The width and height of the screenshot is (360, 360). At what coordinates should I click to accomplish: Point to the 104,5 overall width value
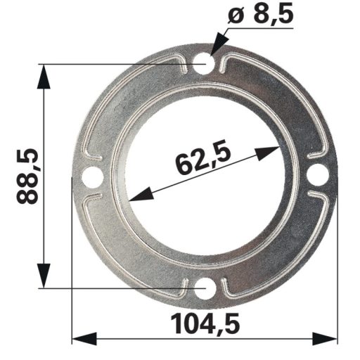205,324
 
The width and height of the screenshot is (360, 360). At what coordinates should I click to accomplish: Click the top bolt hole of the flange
205,65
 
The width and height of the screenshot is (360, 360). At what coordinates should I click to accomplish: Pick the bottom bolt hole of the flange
205,288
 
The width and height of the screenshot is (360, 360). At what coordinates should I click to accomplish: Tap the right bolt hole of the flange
317,175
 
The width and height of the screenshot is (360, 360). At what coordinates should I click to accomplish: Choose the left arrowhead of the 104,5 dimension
83,339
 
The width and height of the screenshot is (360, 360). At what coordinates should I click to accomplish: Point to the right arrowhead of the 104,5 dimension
328,339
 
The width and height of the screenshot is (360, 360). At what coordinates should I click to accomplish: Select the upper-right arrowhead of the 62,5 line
271,150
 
